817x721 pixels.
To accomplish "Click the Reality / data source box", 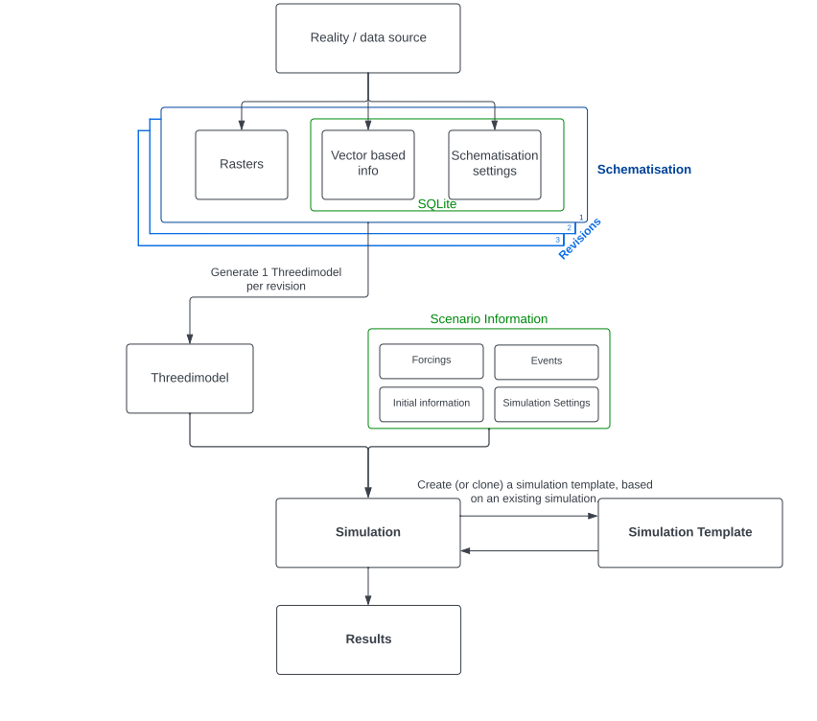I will point(368,38).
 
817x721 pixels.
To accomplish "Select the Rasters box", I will point(242,165).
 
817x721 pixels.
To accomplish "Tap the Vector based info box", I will point(368,164).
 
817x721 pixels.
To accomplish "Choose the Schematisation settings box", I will point(495,164).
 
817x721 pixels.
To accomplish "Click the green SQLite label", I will point(436,204).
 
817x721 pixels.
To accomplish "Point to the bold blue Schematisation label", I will point(643,170).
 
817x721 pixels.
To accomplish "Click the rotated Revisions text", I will point(579,239).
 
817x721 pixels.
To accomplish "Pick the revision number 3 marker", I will point(557,240).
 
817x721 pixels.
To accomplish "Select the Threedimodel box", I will point(190,379).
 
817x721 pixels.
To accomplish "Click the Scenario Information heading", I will point(488,319).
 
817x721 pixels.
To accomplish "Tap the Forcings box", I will point(432,361).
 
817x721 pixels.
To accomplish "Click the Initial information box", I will point(432,404).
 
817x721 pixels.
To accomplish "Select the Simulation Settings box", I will point(547,404).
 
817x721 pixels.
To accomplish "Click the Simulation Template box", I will point(690,533).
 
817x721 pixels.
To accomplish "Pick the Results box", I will point(368,640).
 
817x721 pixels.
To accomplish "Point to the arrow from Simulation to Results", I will point(368,586).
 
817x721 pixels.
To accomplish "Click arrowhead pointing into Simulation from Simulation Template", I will point(465,550).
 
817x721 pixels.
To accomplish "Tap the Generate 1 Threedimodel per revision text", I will point(276,279).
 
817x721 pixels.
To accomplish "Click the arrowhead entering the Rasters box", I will point(242,126).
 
